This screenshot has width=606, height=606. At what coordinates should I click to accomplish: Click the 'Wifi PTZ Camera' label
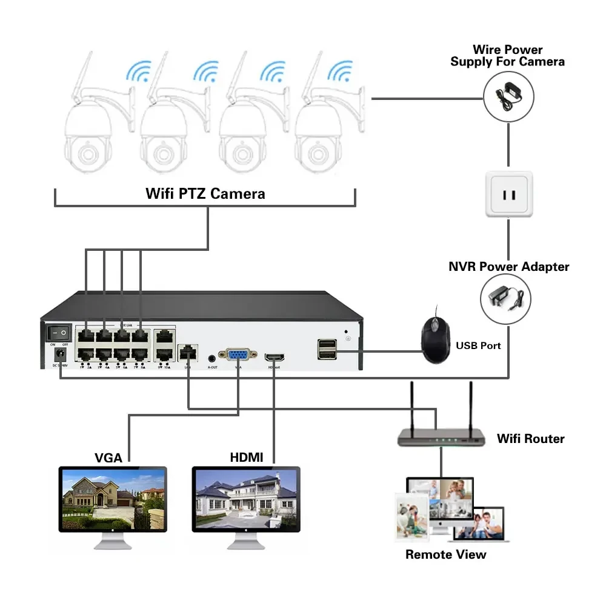(x=205, y=194)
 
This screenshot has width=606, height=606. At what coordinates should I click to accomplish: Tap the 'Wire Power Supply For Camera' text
(x=507, y=56)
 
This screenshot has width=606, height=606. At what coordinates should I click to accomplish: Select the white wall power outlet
(x=509, y=194)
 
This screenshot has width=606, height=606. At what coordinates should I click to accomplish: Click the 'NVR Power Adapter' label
(x=508, y=267)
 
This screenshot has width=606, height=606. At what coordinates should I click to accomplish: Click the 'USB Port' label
(x=479, y=345)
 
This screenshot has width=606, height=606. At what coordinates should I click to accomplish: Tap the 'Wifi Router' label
(x=530, y=438)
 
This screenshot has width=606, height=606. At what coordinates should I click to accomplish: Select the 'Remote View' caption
(x=445, y=554)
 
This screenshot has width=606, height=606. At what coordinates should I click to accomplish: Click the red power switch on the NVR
(x=59, y=332)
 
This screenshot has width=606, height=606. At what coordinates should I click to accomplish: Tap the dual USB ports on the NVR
(x=327, y=350)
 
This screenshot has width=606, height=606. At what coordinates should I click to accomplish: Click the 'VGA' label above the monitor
(x=108, y=458)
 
